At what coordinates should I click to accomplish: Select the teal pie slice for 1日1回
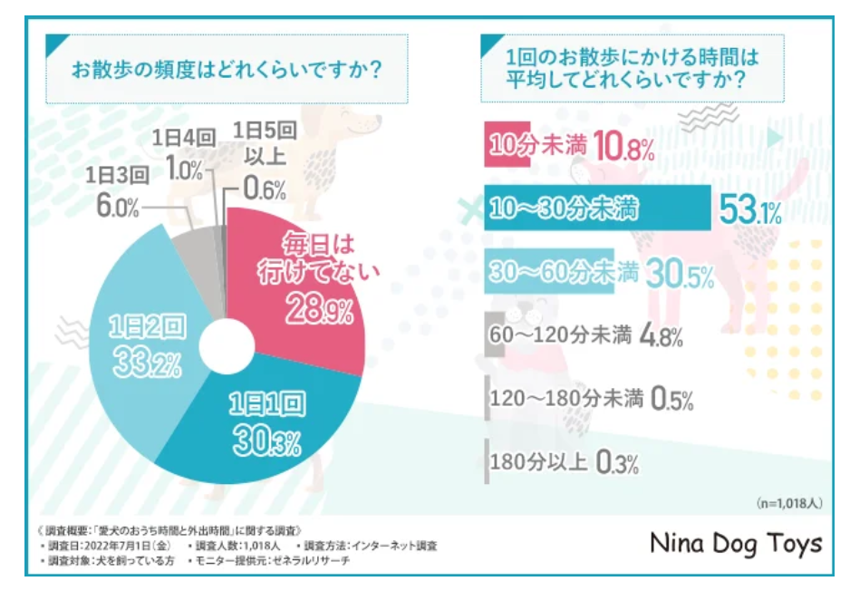[272, 426]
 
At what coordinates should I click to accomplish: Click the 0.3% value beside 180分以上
[618, 462]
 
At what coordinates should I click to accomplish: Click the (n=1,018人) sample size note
[787, 501]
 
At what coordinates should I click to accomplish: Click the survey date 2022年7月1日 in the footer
[121, 546]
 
